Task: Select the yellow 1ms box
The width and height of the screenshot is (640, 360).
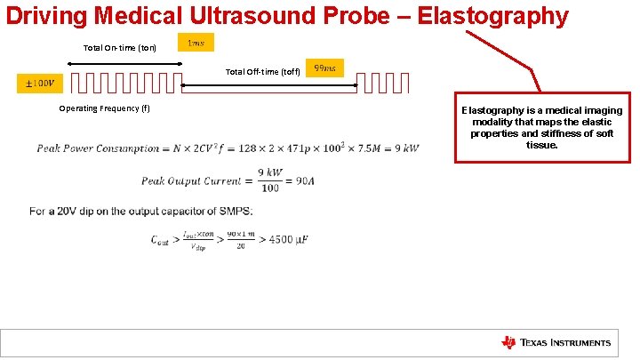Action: pyautogui.click(x=196, y=44)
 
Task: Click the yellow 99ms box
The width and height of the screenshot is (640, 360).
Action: pyautogui.click(x=324, y=68)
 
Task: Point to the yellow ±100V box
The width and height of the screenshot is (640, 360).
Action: pyautogui.click(x=39, y=84)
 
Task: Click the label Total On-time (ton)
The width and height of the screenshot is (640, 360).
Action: pyautogui.click(x=120, y=47)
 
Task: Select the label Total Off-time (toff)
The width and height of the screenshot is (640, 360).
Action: pyautogui.click(x=262, y=71)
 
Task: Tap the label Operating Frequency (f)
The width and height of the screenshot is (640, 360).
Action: pyautogui.click(x=104, y=108)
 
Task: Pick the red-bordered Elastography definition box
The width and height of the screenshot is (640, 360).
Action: pyautogui.click(x=541, y=124)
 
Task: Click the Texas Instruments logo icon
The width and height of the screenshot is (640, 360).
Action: pyautogui.click(x=508, y=342)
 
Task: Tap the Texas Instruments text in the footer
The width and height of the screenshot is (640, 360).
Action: pyautogui.click(x=565, y=343)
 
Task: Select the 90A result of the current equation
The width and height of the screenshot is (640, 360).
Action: pyautogui.click(x=305, y=180)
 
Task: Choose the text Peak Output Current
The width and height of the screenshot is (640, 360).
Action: pyautogui.click(x=190, y=180)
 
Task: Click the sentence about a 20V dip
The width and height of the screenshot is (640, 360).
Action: pyautogui.click(x=140, y=211)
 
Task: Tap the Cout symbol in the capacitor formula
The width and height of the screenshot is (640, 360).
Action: pyautogui.click(x=160, y=239)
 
